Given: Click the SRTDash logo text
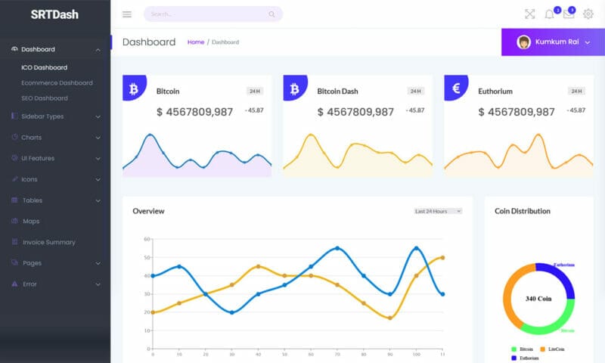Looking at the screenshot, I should tap(54, 14).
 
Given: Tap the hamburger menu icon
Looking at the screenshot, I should tap(126, 14).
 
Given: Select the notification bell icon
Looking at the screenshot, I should tap(550, 14).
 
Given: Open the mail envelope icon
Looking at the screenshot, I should tap(569, 14).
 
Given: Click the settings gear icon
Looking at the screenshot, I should tap(588, 14).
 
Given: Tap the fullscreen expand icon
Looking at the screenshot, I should tap(529, 14).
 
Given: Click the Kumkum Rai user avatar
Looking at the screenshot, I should tap(523, 42).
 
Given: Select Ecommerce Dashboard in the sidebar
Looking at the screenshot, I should tap(57, 83).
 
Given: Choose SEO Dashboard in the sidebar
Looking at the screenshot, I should tap(45, 98).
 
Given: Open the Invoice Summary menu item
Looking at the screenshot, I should tap(48, 242).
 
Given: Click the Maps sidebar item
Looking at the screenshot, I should tap(31, 222).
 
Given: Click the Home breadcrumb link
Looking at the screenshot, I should tap(196, 42).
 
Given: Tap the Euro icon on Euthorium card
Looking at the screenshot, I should tap(456, 88).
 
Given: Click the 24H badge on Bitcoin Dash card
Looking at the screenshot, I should tap(415, 92).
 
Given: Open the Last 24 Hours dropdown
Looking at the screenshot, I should tap(438, 211).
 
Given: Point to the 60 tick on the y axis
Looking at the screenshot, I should tap(147, 239).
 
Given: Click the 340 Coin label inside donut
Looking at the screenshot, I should tap(538, 299).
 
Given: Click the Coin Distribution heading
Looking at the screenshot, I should tap(523, 211).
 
